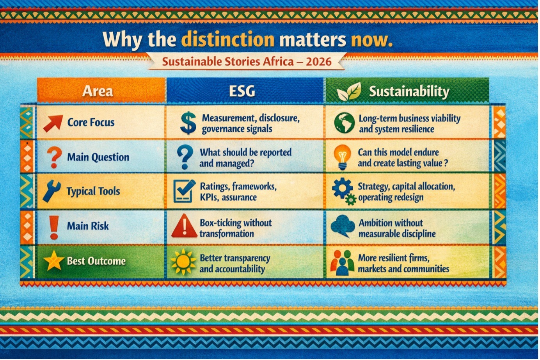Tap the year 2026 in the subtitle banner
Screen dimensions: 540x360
pyautogui.click(x=318, y=62)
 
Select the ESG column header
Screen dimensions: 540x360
pyautogui.click(x=242, y=91)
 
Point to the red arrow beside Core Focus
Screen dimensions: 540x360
pyautogui.click(x=53, y=123)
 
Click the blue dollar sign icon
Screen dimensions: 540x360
pyautogui.click(x=188, y=123)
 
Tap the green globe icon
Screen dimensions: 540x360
pyautogui.click(x=344, y=123)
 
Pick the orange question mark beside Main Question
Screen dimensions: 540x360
pyautogui.click(x=55, y=157)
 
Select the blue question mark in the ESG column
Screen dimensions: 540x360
pyautogui.click(x=185, y=157)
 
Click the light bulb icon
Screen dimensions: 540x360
pyautogui.click(x=342, y=157)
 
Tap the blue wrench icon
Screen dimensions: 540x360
pyautogui.click(x=52, y=191)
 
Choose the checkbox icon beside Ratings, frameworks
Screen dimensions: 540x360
pyautogui.click(x=184, y=191)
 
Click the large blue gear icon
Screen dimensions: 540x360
pyautogui.click(x=342, y=188)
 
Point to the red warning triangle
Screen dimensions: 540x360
pyautogui.click(x=185, y=226)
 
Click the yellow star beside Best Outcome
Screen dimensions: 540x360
pyautogui.click(x=53, y=261)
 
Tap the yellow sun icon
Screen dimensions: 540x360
pyautogui.click(x=183, y=262)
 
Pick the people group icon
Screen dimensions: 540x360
pyautogui.click(x=343, y=263)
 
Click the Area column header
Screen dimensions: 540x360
pyautogui.click(x=98, y=91)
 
